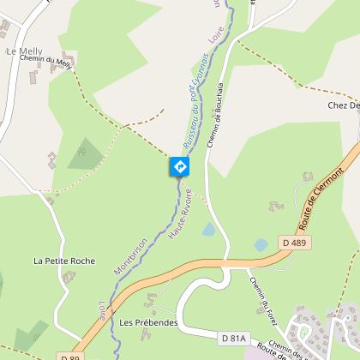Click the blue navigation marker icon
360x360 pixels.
180,166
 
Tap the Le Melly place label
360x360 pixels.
23,52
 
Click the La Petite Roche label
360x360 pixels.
64,260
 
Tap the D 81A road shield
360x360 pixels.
232,339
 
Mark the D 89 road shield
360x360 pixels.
70,356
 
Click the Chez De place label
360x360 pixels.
343,105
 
